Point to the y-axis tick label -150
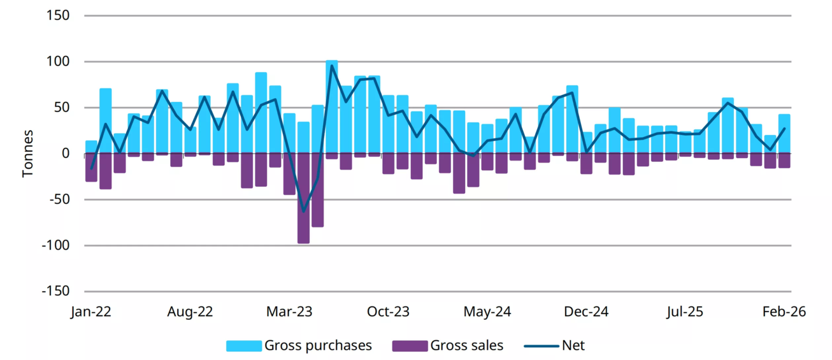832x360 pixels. (55, 291)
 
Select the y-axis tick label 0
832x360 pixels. (64, 154)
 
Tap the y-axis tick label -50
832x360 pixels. (59, 199)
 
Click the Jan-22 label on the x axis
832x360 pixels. (91, 312)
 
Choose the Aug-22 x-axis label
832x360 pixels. (190, 312)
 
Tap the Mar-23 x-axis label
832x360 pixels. (289, 312)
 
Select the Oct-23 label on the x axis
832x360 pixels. (389, 312)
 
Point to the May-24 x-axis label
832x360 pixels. (487, 312)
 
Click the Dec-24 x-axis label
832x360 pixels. (586, 312)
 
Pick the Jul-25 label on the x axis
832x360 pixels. (685, 312)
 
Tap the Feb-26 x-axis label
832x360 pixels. (784, 312)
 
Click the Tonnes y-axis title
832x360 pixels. (28, 154)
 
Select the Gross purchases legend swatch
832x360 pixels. (243, 346)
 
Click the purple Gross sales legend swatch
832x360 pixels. (410, 346)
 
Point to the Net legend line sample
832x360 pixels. (541, 346)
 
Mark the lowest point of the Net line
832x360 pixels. (303, 211)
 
